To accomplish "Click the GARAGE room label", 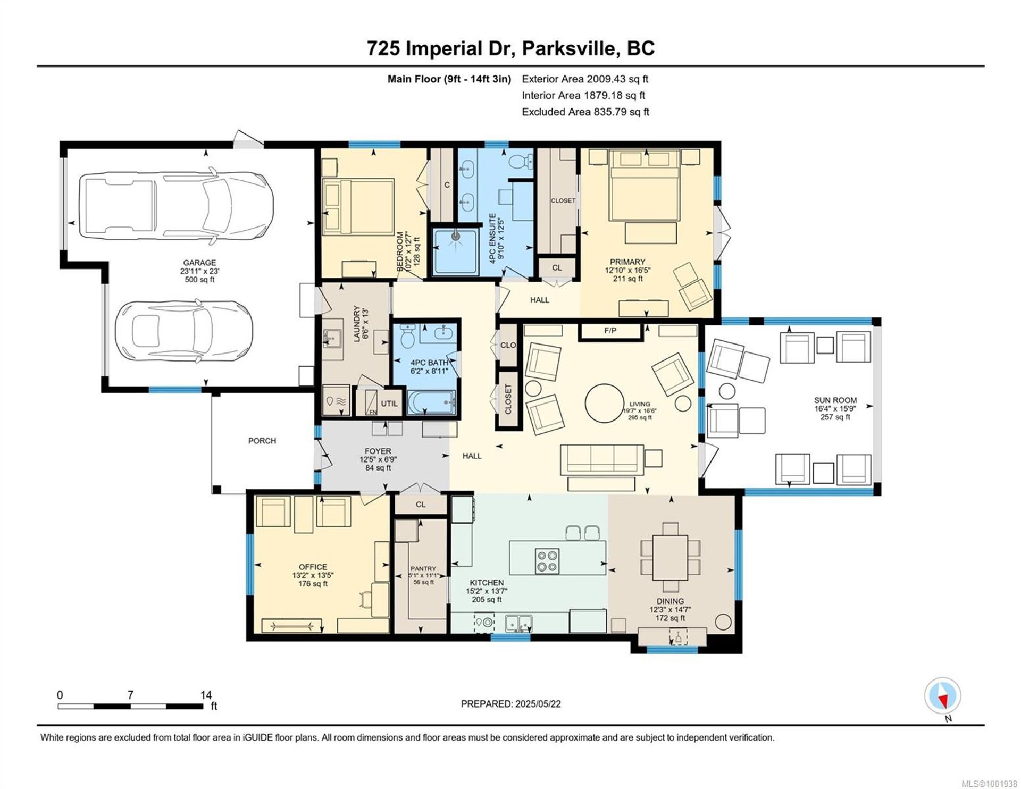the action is coord(199,263).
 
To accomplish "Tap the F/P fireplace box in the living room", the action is coord(610,331).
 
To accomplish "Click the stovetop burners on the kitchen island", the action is coord(547,561).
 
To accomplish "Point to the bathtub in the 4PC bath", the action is coord(432,402).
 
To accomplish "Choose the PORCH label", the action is coord(262,441).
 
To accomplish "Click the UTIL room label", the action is coord(389,404).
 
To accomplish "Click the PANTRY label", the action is coord(423,568).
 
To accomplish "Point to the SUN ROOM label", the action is coord(835,400).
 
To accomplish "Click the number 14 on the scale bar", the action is coord(206,695).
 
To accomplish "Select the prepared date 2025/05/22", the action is coord(538,704).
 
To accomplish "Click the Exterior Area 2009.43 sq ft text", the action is coord(585,79).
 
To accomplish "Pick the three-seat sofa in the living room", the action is coord(602,459).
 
